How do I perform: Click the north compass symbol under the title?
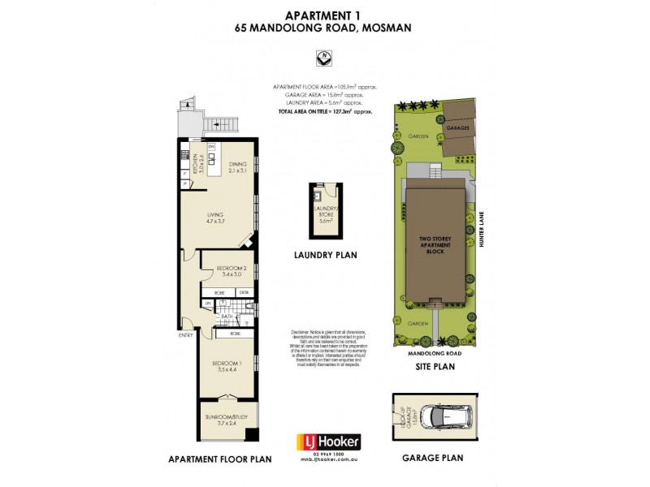[x=324, y=58]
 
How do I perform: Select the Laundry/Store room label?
[x=325, y=214]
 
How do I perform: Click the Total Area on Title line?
[x=324, y=110]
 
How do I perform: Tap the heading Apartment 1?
[x=324, y=14]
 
